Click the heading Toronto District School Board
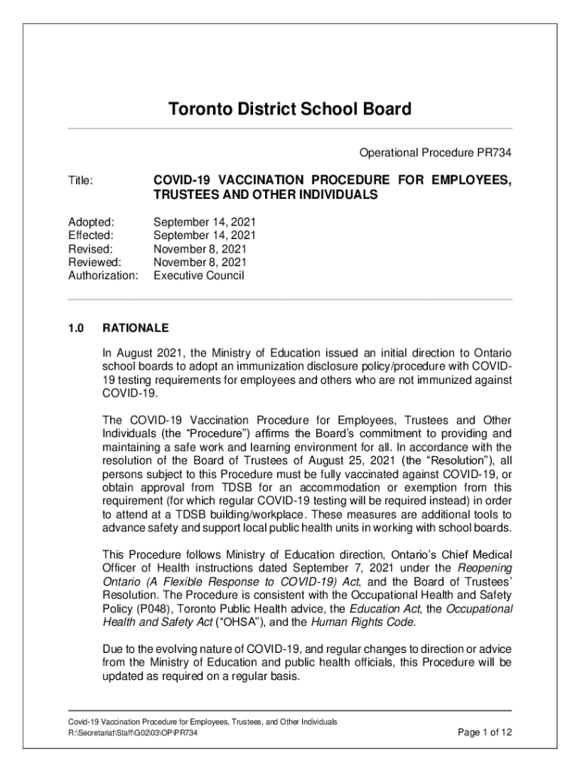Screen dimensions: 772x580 click(x=289, y=110)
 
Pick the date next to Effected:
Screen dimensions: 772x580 click(x=204, y=236)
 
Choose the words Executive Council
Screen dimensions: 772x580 click(x=199, y=276)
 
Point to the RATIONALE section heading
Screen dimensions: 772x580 click(x=136, y=329)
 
